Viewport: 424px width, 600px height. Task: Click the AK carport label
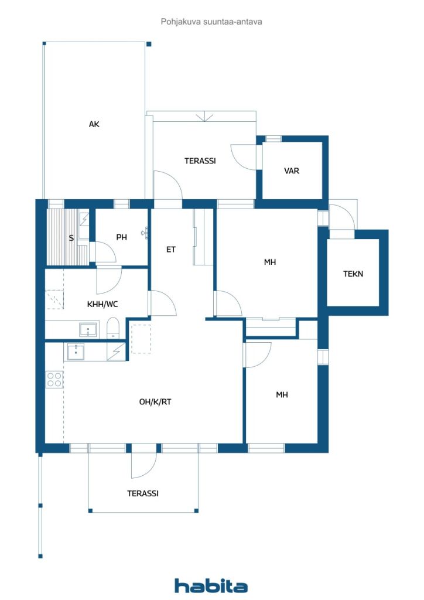click(x=94, y=124)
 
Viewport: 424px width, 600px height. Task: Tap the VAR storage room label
click(x=292, y=171)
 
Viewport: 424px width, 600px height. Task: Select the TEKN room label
click(x=353, y=274)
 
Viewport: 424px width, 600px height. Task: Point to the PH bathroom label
click(x=121, y=237)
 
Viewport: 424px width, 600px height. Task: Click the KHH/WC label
click(x=103, y=304)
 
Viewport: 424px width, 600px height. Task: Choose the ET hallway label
click(x=170, y=249)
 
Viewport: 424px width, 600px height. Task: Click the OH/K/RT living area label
click(x=155, y=402)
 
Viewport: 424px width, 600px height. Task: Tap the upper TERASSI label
click(x=200, y=161)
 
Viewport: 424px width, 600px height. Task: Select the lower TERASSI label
click(x=142, y=493)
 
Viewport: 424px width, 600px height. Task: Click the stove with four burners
click(x=54, y=379)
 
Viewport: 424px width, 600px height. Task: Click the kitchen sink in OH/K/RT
click(x=76, y=352)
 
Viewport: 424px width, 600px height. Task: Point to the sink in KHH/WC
click(x=88, y=329)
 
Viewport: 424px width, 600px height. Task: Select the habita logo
click(x=211, y=585)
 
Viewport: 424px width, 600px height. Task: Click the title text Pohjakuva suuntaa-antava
click(x=211, y=22)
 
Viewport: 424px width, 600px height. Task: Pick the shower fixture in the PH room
click(x=144, y=233)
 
